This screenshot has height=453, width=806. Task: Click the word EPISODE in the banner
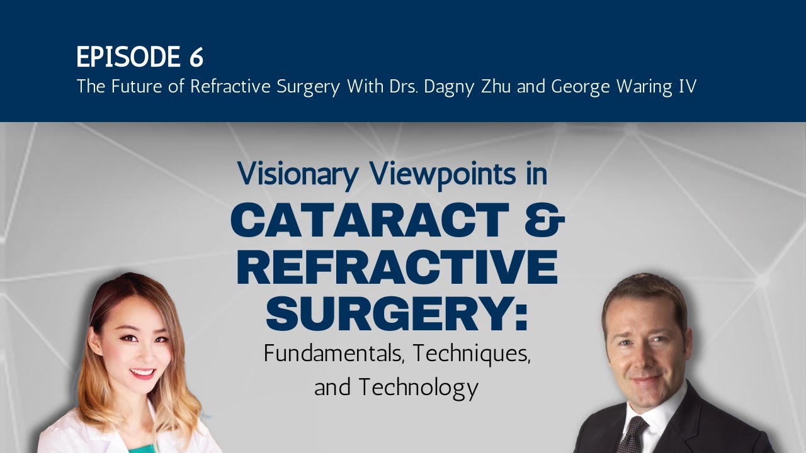point(128,57)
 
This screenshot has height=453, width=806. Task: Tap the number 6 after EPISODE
point(195,57)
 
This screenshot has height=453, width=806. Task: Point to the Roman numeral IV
point(687,87)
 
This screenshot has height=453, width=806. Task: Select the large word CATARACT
point(370,220)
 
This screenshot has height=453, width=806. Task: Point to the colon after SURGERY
point(521,318)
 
